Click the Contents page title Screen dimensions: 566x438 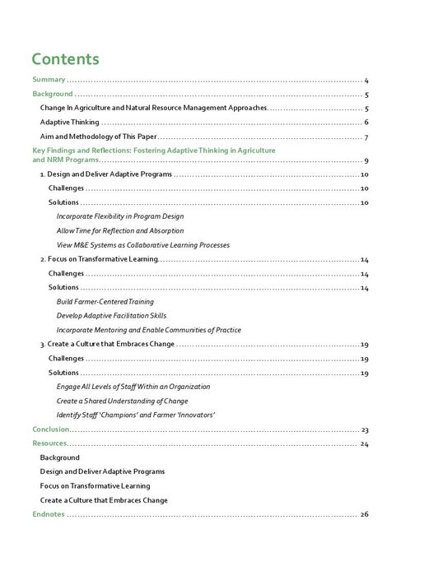click(x=65, y=59)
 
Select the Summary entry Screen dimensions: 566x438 click(x=49, y=80)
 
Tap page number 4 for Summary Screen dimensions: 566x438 click(x=366, y=81)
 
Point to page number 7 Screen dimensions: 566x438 click(x=366, y=137)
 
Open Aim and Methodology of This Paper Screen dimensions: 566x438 click(x=98, y=137)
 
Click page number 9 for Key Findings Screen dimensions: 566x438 click(x=366, y=160)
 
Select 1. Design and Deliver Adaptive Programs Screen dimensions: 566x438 click(x=105, y=174)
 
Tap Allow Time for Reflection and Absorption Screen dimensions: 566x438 click(x=120, y=230)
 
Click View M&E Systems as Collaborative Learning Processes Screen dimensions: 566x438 click(x=143, y=244)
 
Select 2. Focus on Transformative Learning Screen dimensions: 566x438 click(x=98, y=259)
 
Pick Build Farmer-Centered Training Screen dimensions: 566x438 click(x=105, y=302)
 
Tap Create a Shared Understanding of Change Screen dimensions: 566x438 click(x=123, y=401)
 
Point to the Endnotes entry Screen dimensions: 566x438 click(x=48, y=514)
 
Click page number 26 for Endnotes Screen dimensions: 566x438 click(x=364, y=515)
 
